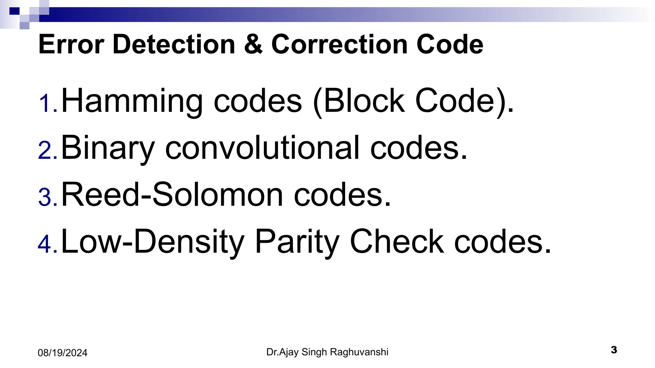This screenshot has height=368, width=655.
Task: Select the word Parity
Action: (x=297, y=242)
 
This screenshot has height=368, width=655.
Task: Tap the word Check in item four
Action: (x=397, y=242)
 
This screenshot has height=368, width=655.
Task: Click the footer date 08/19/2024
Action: (x=62, y=353)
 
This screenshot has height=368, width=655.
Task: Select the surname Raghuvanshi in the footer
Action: (x=359, y=352)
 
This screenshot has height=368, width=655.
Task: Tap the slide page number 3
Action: (x=614, y=350)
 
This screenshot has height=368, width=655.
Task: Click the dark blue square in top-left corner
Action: (x=14, y=11)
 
